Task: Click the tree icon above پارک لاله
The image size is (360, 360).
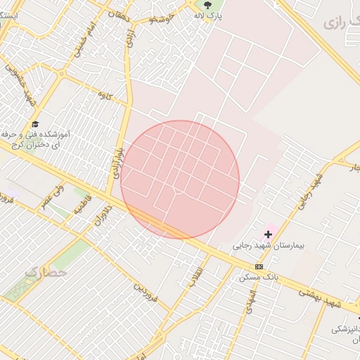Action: (206, 6)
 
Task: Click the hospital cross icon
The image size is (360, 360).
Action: (268, 233)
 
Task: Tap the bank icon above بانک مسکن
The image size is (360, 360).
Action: (259, 266)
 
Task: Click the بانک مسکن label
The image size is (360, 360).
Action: (259, 278)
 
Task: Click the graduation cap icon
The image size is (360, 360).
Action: (35, 124)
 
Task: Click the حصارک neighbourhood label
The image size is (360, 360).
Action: (45, 271)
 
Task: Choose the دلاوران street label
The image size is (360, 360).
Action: (103, 215)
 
